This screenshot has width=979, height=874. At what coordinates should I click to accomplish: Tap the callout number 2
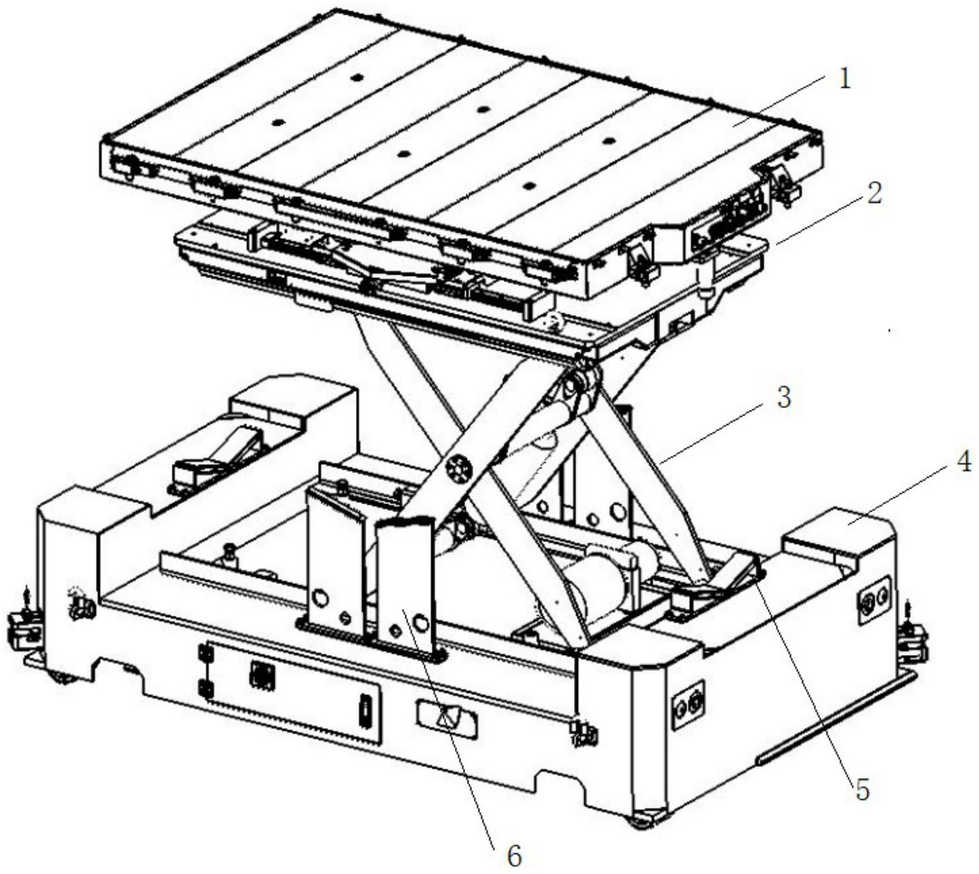click(x=874, y=193)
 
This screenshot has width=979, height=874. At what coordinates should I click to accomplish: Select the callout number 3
click(x=783, y=398)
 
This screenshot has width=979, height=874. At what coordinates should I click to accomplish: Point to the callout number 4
click(x=963, y=463)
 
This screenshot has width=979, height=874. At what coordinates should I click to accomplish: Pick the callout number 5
click(x=862, y=790)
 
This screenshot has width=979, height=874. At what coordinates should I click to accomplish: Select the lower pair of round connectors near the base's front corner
click(x=688, y=705)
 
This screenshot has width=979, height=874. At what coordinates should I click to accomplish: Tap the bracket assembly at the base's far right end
click(x=915, y=639)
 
